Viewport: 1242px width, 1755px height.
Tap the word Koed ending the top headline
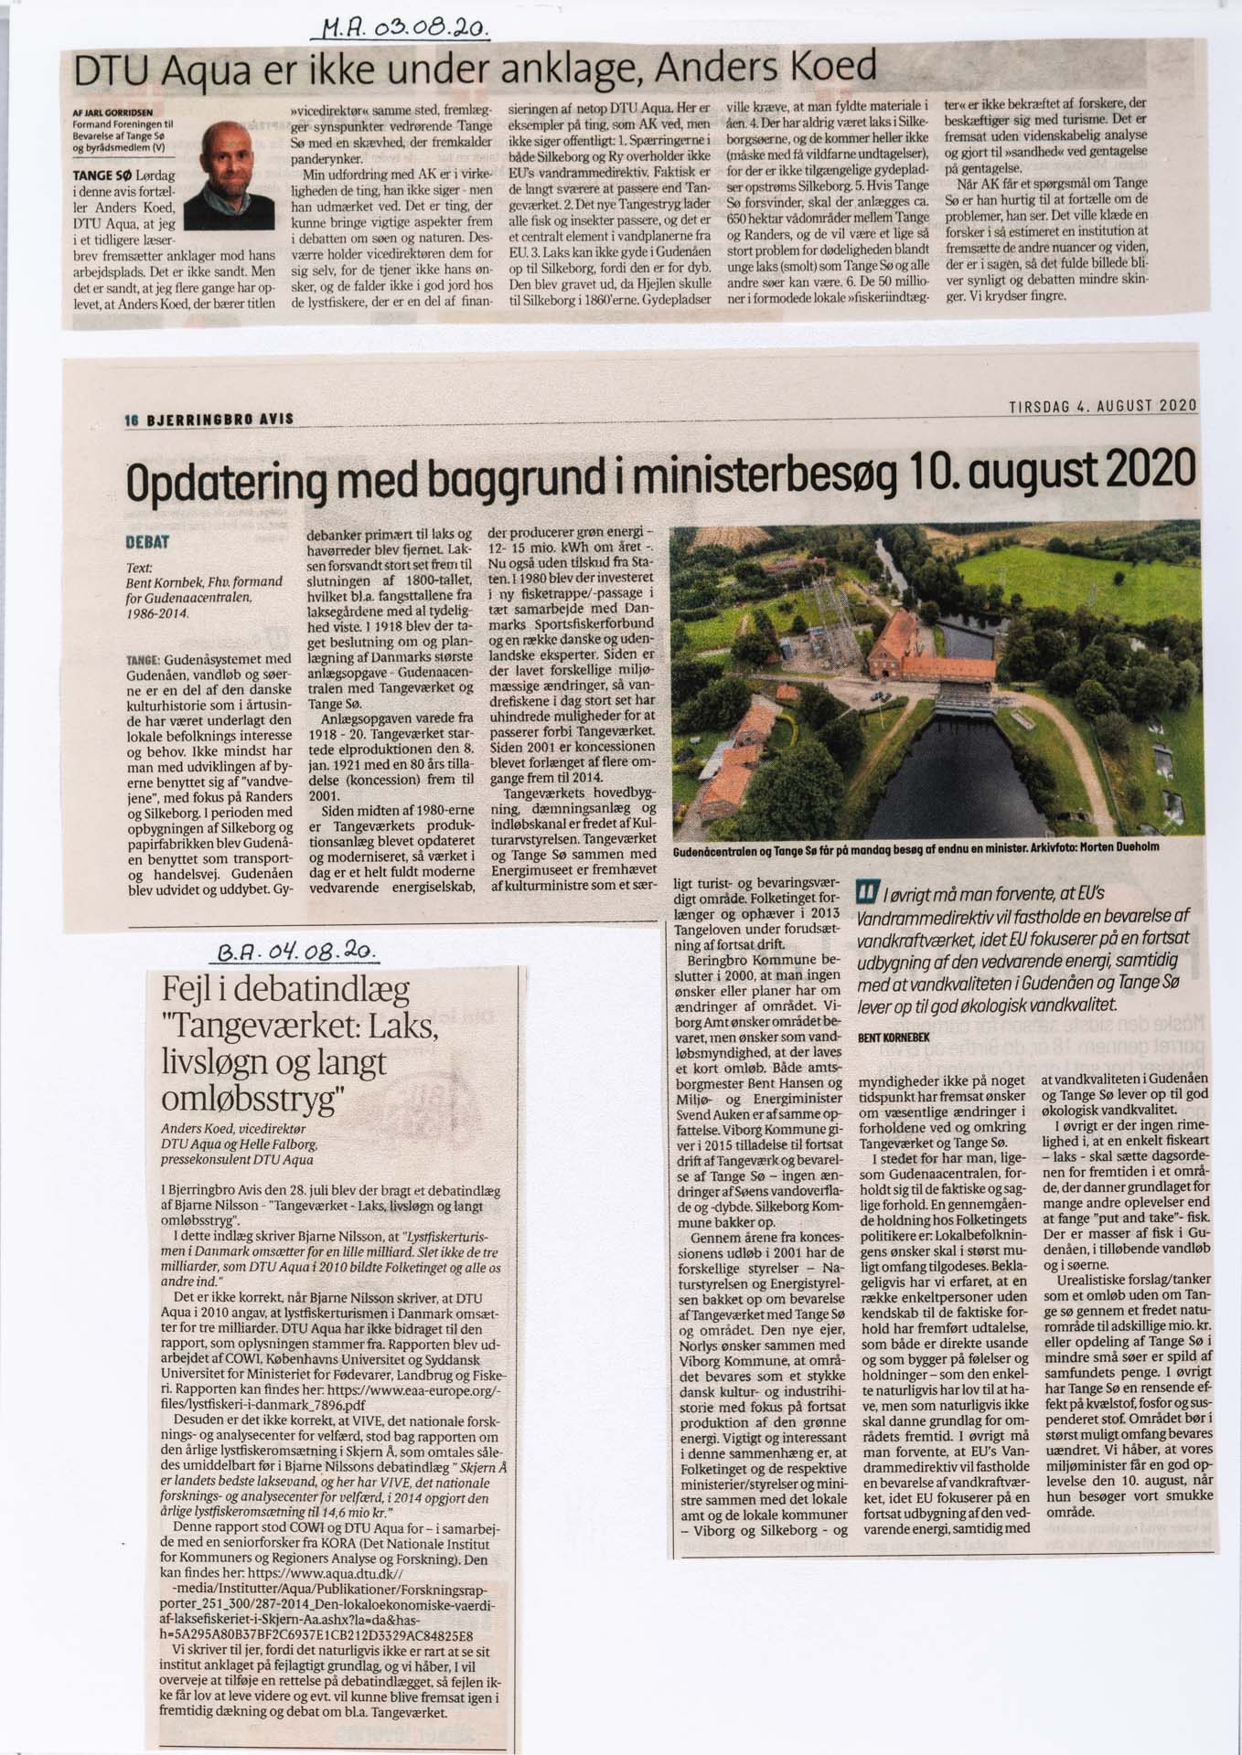[x=833, y=66]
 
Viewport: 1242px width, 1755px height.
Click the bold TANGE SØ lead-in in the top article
[x=102, y=172]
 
